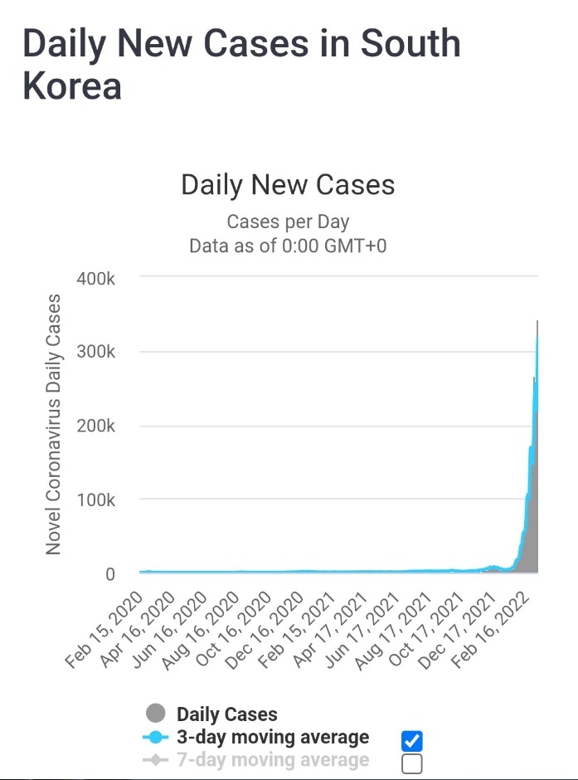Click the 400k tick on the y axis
pos(96,278)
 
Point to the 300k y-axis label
pos(96,352)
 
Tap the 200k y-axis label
pos(96,426)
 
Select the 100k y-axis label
pos(96,500)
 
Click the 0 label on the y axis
pos(109,574)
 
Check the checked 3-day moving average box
pos(411,740)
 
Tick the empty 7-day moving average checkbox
pos(411,763)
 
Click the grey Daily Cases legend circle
pos(155,714)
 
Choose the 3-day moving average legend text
pos(273,737)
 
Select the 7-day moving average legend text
pos(273,760)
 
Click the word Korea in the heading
pos(72,85)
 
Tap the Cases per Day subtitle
pos(288,222)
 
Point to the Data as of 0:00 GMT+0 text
pos(288,246)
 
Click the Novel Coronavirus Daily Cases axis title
pos(54,424)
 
